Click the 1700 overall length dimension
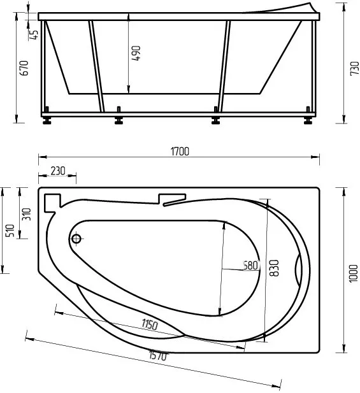click(x=180, y=152)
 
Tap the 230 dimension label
click(x=58, y=171)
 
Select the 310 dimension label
click(x=26, y=214)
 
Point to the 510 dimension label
click(x=10, y=231)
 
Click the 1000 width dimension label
click(x=353, y=273)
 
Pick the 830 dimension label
click(x=274, y=268)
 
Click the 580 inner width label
click(x=250, y=266)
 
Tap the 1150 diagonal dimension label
click(x=150, y=324)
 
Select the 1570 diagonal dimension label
click(x=158, y=355)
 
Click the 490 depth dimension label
click(x=136, y=53)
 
